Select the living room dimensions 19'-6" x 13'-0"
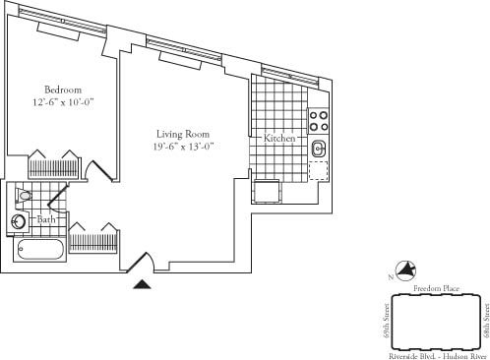(184, 147)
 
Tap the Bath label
(46, 219)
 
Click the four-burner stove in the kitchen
(319, 120)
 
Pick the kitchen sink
(319, 150)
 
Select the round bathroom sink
(19, 222)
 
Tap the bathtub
(40, 248)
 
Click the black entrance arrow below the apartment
(144, 283)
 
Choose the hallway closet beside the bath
(94, 238)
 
